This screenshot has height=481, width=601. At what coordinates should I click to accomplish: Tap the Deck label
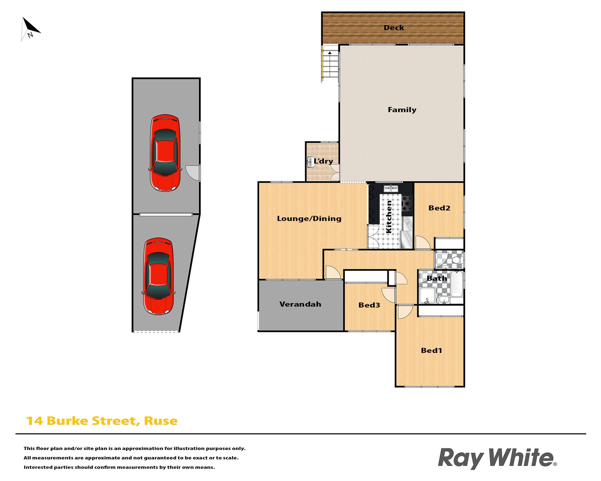394,28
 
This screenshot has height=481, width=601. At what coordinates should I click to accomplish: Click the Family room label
402,110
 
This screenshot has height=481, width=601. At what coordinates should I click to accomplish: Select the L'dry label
323,161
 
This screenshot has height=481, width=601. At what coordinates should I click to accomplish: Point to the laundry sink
311,162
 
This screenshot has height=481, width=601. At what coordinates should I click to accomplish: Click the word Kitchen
389,217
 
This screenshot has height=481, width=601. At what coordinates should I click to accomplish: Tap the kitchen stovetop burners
407,203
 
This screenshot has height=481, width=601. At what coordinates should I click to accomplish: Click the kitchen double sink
391,189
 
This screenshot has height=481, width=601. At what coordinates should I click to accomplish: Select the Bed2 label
439,208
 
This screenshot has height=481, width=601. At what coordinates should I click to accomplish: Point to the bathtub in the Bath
457,284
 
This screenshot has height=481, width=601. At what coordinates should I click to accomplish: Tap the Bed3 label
369,305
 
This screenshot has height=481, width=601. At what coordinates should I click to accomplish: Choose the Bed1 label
431,350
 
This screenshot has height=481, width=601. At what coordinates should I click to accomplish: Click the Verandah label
300,304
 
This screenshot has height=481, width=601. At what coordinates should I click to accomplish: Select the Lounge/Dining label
309,219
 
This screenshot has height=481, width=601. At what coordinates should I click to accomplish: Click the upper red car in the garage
165,153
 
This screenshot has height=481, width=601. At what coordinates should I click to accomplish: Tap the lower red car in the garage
158,276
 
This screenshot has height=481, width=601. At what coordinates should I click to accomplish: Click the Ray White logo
497,458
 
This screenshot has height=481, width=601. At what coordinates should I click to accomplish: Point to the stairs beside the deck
330,64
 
